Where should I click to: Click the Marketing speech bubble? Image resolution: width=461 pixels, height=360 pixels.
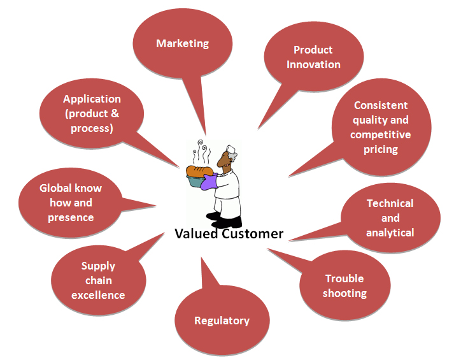tap(183, 44)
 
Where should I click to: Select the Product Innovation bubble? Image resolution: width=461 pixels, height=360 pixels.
tap(313, 57)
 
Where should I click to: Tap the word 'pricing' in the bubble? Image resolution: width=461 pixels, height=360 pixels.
tap(381, 149)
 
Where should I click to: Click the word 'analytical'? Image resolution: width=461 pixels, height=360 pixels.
tap(390, 233)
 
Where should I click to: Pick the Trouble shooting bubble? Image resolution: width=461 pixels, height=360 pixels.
tap(344, 285)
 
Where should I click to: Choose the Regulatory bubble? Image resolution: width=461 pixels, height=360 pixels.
tap(222, 320)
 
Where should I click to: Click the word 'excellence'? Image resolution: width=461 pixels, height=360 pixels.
tap(98, 295)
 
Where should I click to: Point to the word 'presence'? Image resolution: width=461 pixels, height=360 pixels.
tap(71, 218)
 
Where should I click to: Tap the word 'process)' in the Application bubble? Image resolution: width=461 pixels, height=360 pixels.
tap(92, 129)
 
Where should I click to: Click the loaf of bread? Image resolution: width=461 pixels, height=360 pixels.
tap(199, 171)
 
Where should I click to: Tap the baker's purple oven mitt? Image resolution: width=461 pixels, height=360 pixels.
tap(209, 182)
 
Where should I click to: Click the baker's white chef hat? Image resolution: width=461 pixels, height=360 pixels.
tap(232, 150)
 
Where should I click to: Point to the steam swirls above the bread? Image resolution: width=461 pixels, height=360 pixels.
tap(201, 152)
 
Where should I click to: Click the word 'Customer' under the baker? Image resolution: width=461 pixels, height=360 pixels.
tap(253, 234)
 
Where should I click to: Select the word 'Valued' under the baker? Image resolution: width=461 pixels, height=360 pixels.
tap(196, 234)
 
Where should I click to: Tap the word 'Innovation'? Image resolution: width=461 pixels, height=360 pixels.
tap(313, 65)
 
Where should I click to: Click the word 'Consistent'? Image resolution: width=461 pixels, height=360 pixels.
tap(381, 105)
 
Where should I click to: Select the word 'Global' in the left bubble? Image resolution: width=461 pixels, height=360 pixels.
tap(55, 188)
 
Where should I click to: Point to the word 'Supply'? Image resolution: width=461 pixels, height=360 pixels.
tap(98, 266)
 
